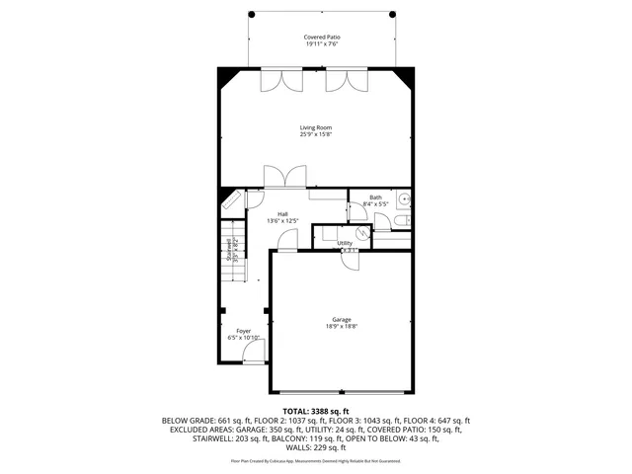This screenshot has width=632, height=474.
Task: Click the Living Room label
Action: [316, 127]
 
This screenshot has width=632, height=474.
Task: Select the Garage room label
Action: [342, 319]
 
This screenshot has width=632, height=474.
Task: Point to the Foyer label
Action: [243, 331]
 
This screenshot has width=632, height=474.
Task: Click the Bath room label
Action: [375, 197]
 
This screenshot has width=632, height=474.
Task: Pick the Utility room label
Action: [345, 242]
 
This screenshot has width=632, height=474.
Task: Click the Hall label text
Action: [282, 214]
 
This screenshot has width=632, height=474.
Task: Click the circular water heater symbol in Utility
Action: [362, 233]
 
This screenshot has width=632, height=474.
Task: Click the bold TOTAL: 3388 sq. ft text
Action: [316, 411]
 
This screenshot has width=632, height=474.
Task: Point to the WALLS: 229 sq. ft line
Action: [316, 447]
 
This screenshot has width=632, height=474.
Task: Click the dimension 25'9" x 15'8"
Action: [316, 134]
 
